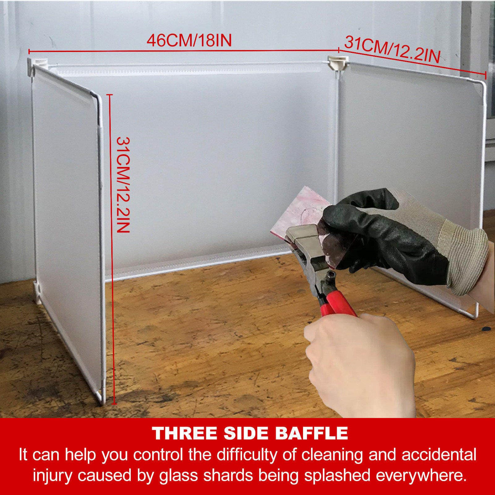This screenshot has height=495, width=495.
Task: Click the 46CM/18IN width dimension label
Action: click(x=189, y=41)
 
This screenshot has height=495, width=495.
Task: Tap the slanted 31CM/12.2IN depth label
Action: click(x=392, y=49)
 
